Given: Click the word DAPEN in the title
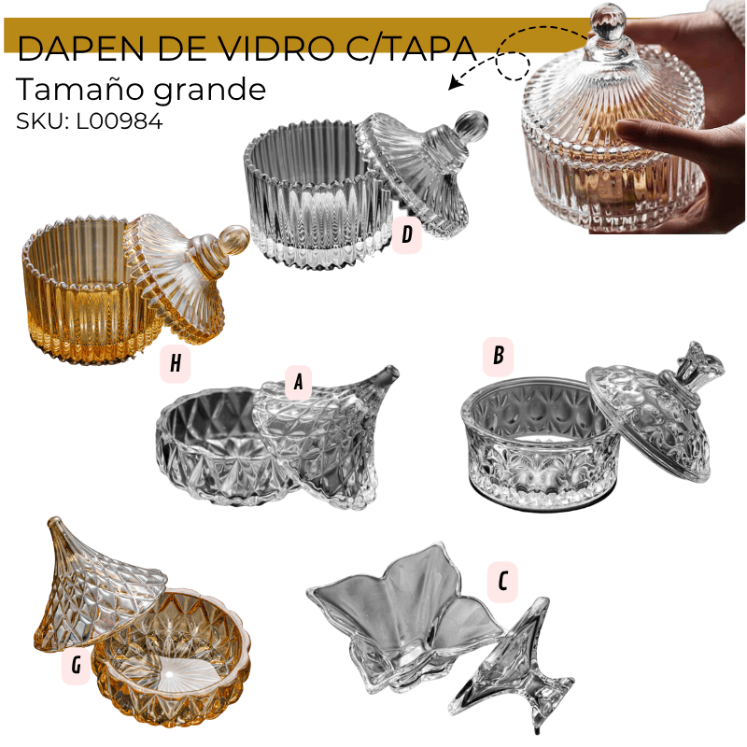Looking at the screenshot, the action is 80,49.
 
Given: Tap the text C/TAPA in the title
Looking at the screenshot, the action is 412,49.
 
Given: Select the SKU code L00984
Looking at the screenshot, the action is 120,121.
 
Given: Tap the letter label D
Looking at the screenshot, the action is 407,234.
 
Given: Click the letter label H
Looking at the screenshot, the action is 176,363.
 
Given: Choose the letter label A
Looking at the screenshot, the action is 298,382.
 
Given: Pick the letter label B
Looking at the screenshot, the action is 498,356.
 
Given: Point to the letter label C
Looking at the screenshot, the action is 502,582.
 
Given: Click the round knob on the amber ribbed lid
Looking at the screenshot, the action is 233,239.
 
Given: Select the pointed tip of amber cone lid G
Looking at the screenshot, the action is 55,520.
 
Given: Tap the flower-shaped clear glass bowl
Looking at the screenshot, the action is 406,615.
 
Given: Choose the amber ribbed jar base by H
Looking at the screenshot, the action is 86,290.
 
